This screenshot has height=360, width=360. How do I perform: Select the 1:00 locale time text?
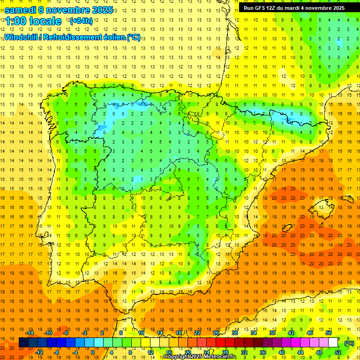point(33,21)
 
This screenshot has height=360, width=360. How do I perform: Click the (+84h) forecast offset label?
point(80,21)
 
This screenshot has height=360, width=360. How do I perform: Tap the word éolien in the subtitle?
point(113,37)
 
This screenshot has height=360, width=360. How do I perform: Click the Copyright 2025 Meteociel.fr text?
point(200,357)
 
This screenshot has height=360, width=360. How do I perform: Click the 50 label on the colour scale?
point(329,333)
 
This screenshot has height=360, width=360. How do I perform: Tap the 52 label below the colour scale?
point(337,352)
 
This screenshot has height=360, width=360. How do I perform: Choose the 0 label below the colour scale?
point(93,352)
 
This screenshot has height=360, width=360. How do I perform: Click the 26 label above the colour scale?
point(216,333)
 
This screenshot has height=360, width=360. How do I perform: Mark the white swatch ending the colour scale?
point(333,343)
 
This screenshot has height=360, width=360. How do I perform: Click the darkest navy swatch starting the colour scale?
point(23,343)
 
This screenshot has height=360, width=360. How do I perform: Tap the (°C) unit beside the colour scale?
point(349,343)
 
